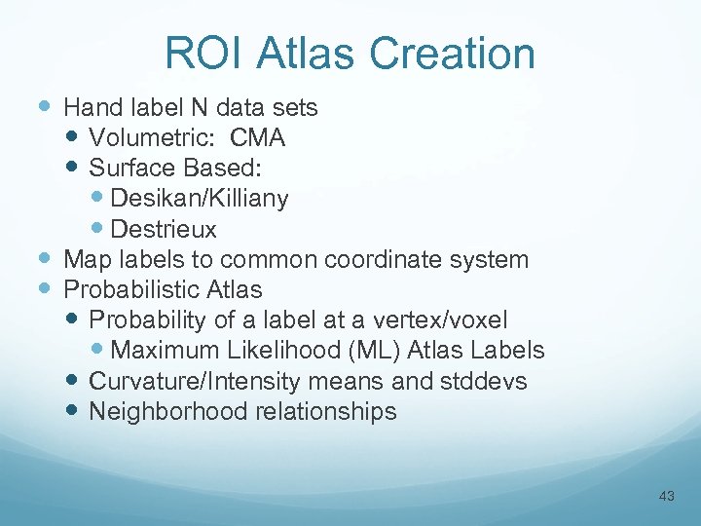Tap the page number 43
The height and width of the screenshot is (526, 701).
coord(666,497)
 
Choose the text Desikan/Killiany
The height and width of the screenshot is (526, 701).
coord(200,199)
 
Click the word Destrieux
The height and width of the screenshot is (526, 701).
coord(164,230)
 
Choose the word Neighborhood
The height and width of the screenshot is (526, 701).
coord(168,411)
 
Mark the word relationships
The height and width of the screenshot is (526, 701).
coord(326,411)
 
